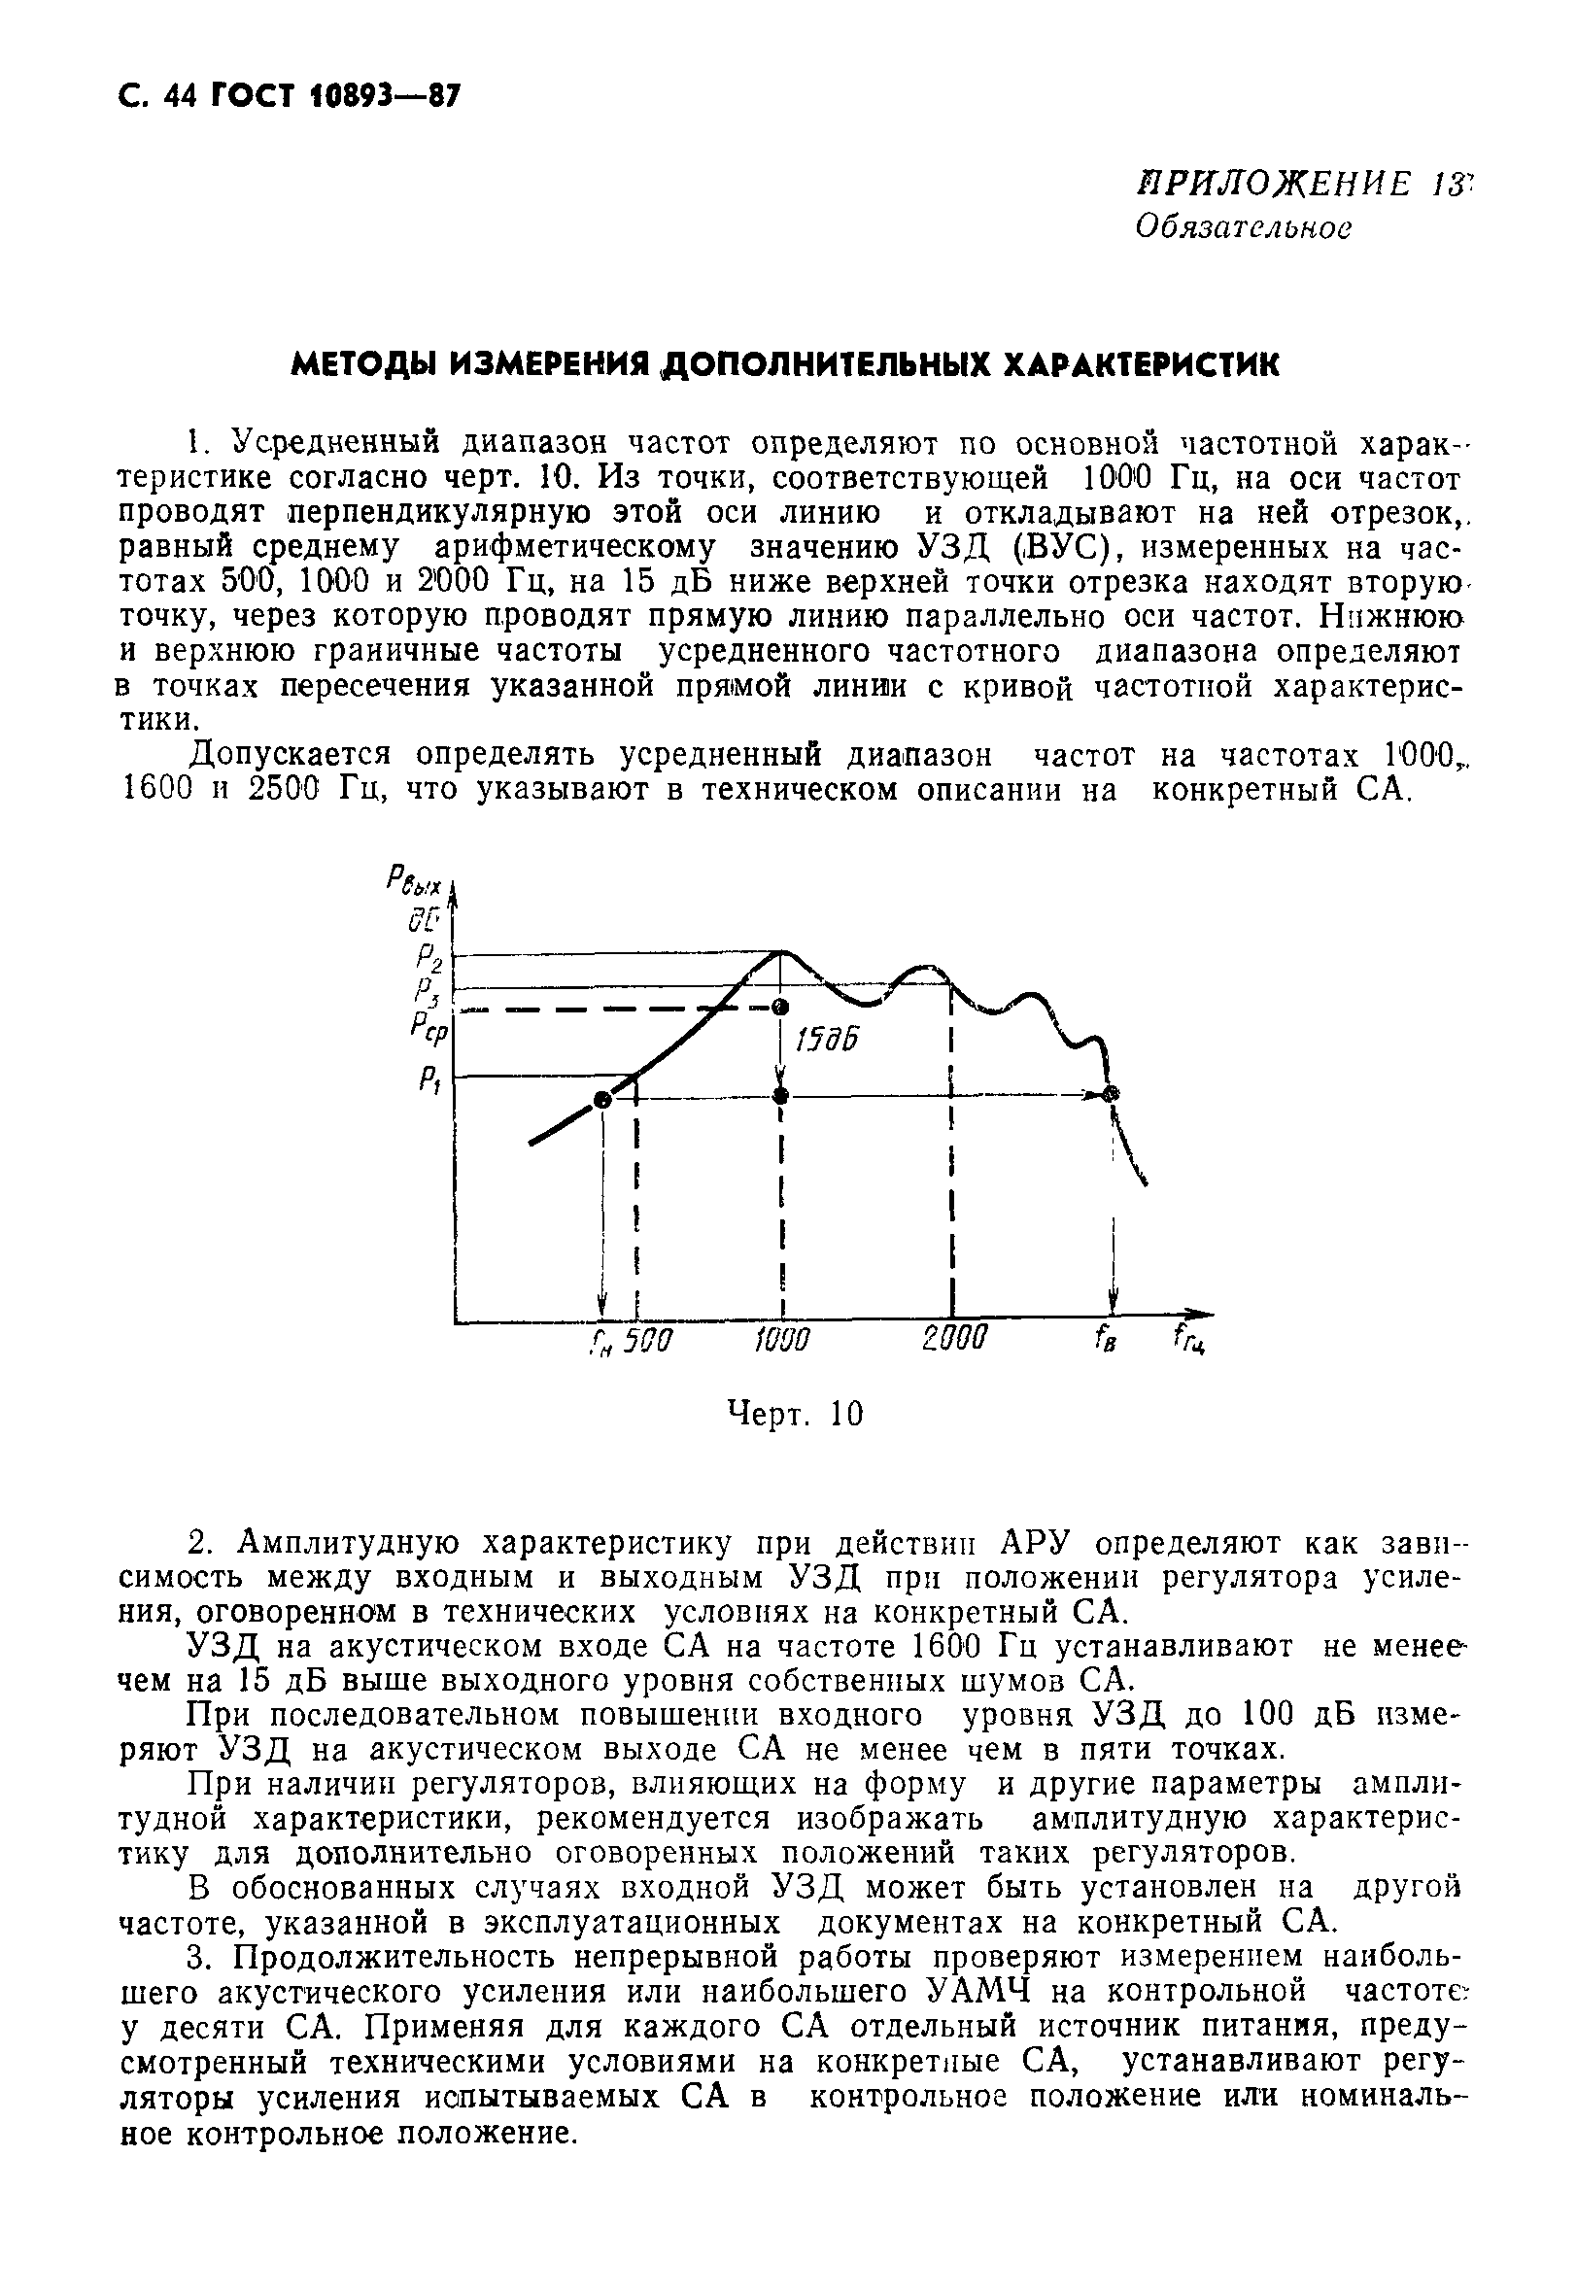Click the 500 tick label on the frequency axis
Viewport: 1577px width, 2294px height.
651,1341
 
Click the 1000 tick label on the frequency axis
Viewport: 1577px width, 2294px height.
781,1341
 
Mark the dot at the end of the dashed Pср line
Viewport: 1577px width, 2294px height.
780,1007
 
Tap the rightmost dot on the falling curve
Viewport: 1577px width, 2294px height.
1113,1093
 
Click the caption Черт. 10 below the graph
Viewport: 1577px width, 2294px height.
795,1414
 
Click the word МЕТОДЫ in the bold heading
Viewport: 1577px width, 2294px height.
361,365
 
